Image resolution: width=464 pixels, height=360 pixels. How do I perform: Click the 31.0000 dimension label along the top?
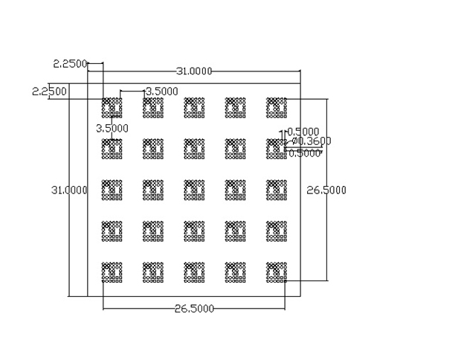(194, 71)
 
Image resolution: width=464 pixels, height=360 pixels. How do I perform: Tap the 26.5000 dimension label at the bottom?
(195, 309)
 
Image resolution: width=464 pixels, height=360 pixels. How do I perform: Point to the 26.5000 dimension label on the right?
(326, 190)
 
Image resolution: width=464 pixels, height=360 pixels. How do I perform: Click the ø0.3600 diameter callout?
(311, 141)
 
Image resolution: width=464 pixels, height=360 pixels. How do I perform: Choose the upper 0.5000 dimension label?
(303, 132)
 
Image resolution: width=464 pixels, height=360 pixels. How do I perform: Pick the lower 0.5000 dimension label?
(304, 153)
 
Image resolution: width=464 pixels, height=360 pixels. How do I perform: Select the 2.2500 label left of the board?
(49, 91)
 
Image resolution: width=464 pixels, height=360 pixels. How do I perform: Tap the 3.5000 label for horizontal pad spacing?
(161, 91)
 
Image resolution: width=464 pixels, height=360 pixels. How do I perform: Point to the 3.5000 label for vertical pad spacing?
(112, 128)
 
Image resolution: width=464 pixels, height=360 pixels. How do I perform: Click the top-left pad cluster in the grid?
(112, 107)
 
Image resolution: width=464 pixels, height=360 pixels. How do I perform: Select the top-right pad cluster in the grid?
(276, 107)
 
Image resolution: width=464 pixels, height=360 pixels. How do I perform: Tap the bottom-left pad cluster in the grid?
(112, 271)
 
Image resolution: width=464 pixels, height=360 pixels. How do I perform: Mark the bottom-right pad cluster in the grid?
(276, 271)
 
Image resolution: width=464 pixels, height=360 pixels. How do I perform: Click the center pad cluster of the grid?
(193, 190)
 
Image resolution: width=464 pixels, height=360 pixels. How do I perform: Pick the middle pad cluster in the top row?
(193, 107)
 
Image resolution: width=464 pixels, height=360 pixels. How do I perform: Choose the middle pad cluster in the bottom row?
(193, 271)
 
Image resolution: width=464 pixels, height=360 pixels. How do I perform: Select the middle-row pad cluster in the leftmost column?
(112, 190)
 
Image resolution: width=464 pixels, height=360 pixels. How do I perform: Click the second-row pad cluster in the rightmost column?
(276, 148)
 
